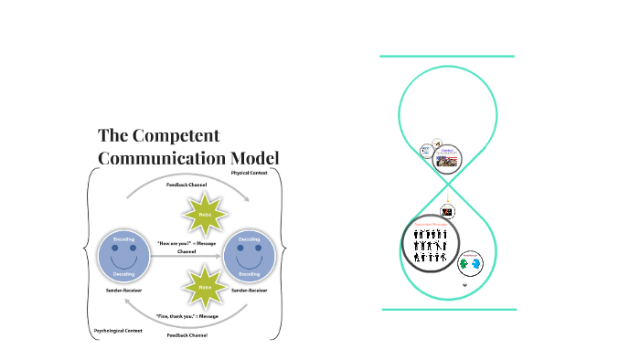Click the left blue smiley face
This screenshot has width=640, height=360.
[x=123, y=255]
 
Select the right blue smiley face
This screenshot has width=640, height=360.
[x=249, y=255]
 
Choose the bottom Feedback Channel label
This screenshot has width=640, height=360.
[x=187, y=335]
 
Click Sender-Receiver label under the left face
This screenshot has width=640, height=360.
[x=123, y=289]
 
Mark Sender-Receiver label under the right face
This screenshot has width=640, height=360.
[x=249, y=289]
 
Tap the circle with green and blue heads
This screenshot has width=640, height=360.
[x=471, y=263]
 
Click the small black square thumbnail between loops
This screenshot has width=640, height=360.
[x=448, y=212]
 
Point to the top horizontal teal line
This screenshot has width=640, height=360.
[x=447, y=57]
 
